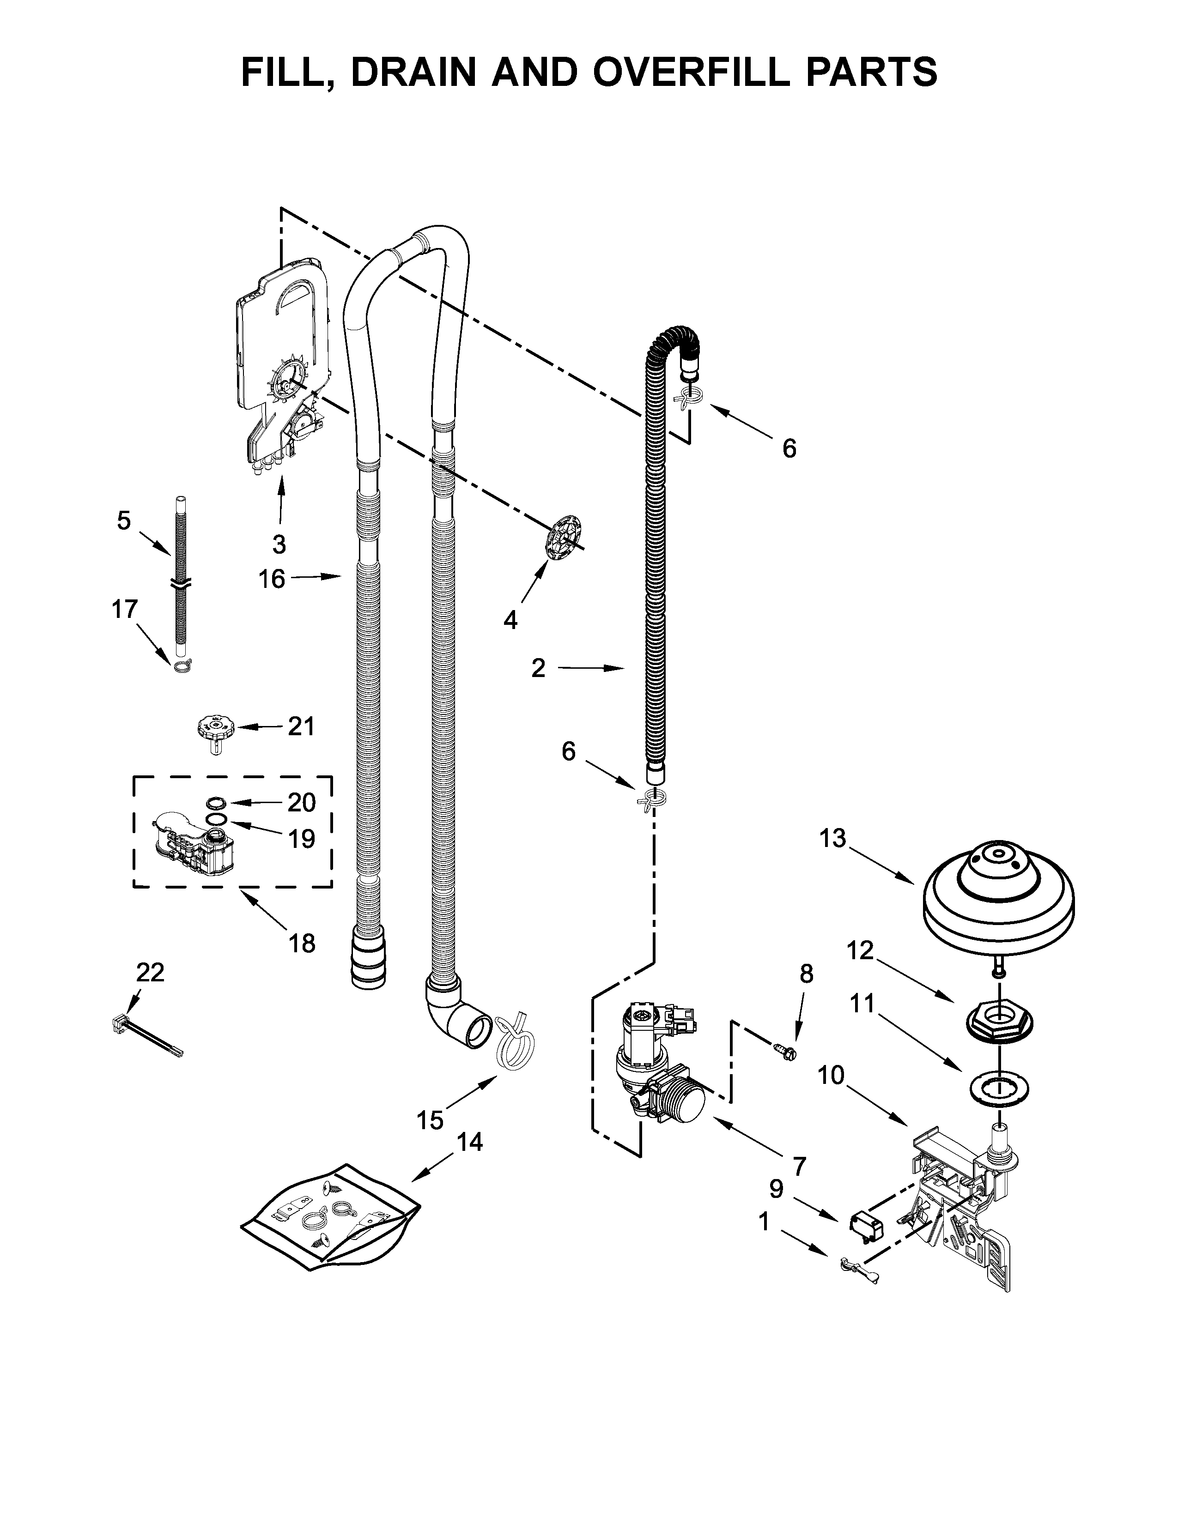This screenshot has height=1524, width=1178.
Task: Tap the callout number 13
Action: pyautogui.click(x=832, y=838)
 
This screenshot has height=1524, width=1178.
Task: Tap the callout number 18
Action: pyautogui.click(x=302, y=943)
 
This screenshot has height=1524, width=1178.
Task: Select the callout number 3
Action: pyautogui.click(x=279, y=544)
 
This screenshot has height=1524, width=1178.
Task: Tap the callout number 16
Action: pyautogui.click(x=272, y=579)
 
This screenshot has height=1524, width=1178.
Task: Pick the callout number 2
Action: pyautogui.click(x=538, y=669)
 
